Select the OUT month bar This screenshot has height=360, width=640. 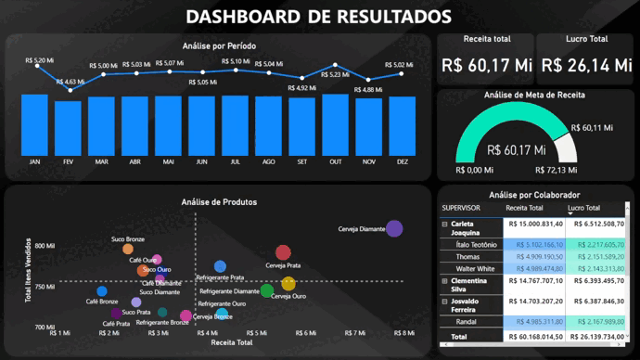coord(335,123)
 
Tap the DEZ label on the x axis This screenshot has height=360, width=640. coord(402,161)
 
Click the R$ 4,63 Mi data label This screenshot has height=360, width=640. coord(70,82)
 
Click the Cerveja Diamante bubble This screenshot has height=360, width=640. coord(394,228)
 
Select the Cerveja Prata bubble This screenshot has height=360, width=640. coord(283,252)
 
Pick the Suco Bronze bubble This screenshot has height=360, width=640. coord(128,249)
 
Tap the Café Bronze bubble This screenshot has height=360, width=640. coord(102,291)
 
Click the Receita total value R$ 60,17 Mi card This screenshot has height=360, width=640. coord(486,65)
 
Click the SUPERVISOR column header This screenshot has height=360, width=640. coord(461,208)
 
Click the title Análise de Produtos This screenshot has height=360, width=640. coord(219,201)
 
